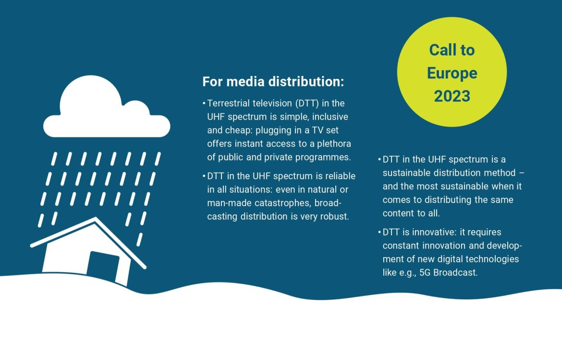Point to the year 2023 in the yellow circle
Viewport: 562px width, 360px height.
tap(452, 96)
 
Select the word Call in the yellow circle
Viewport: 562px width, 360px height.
tap(440, 50)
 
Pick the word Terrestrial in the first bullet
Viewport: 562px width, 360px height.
tap(228, 103)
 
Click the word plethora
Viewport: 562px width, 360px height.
tap(334, 144)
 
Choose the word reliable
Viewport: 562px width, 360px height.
tap(341, 176)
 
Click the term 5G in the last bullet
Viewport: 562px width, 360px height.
tap(425, 273)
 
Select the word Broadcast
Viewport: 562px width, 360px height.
tap(455, 273)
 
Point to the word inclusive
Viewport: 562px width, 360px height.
tap(330, 117)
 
